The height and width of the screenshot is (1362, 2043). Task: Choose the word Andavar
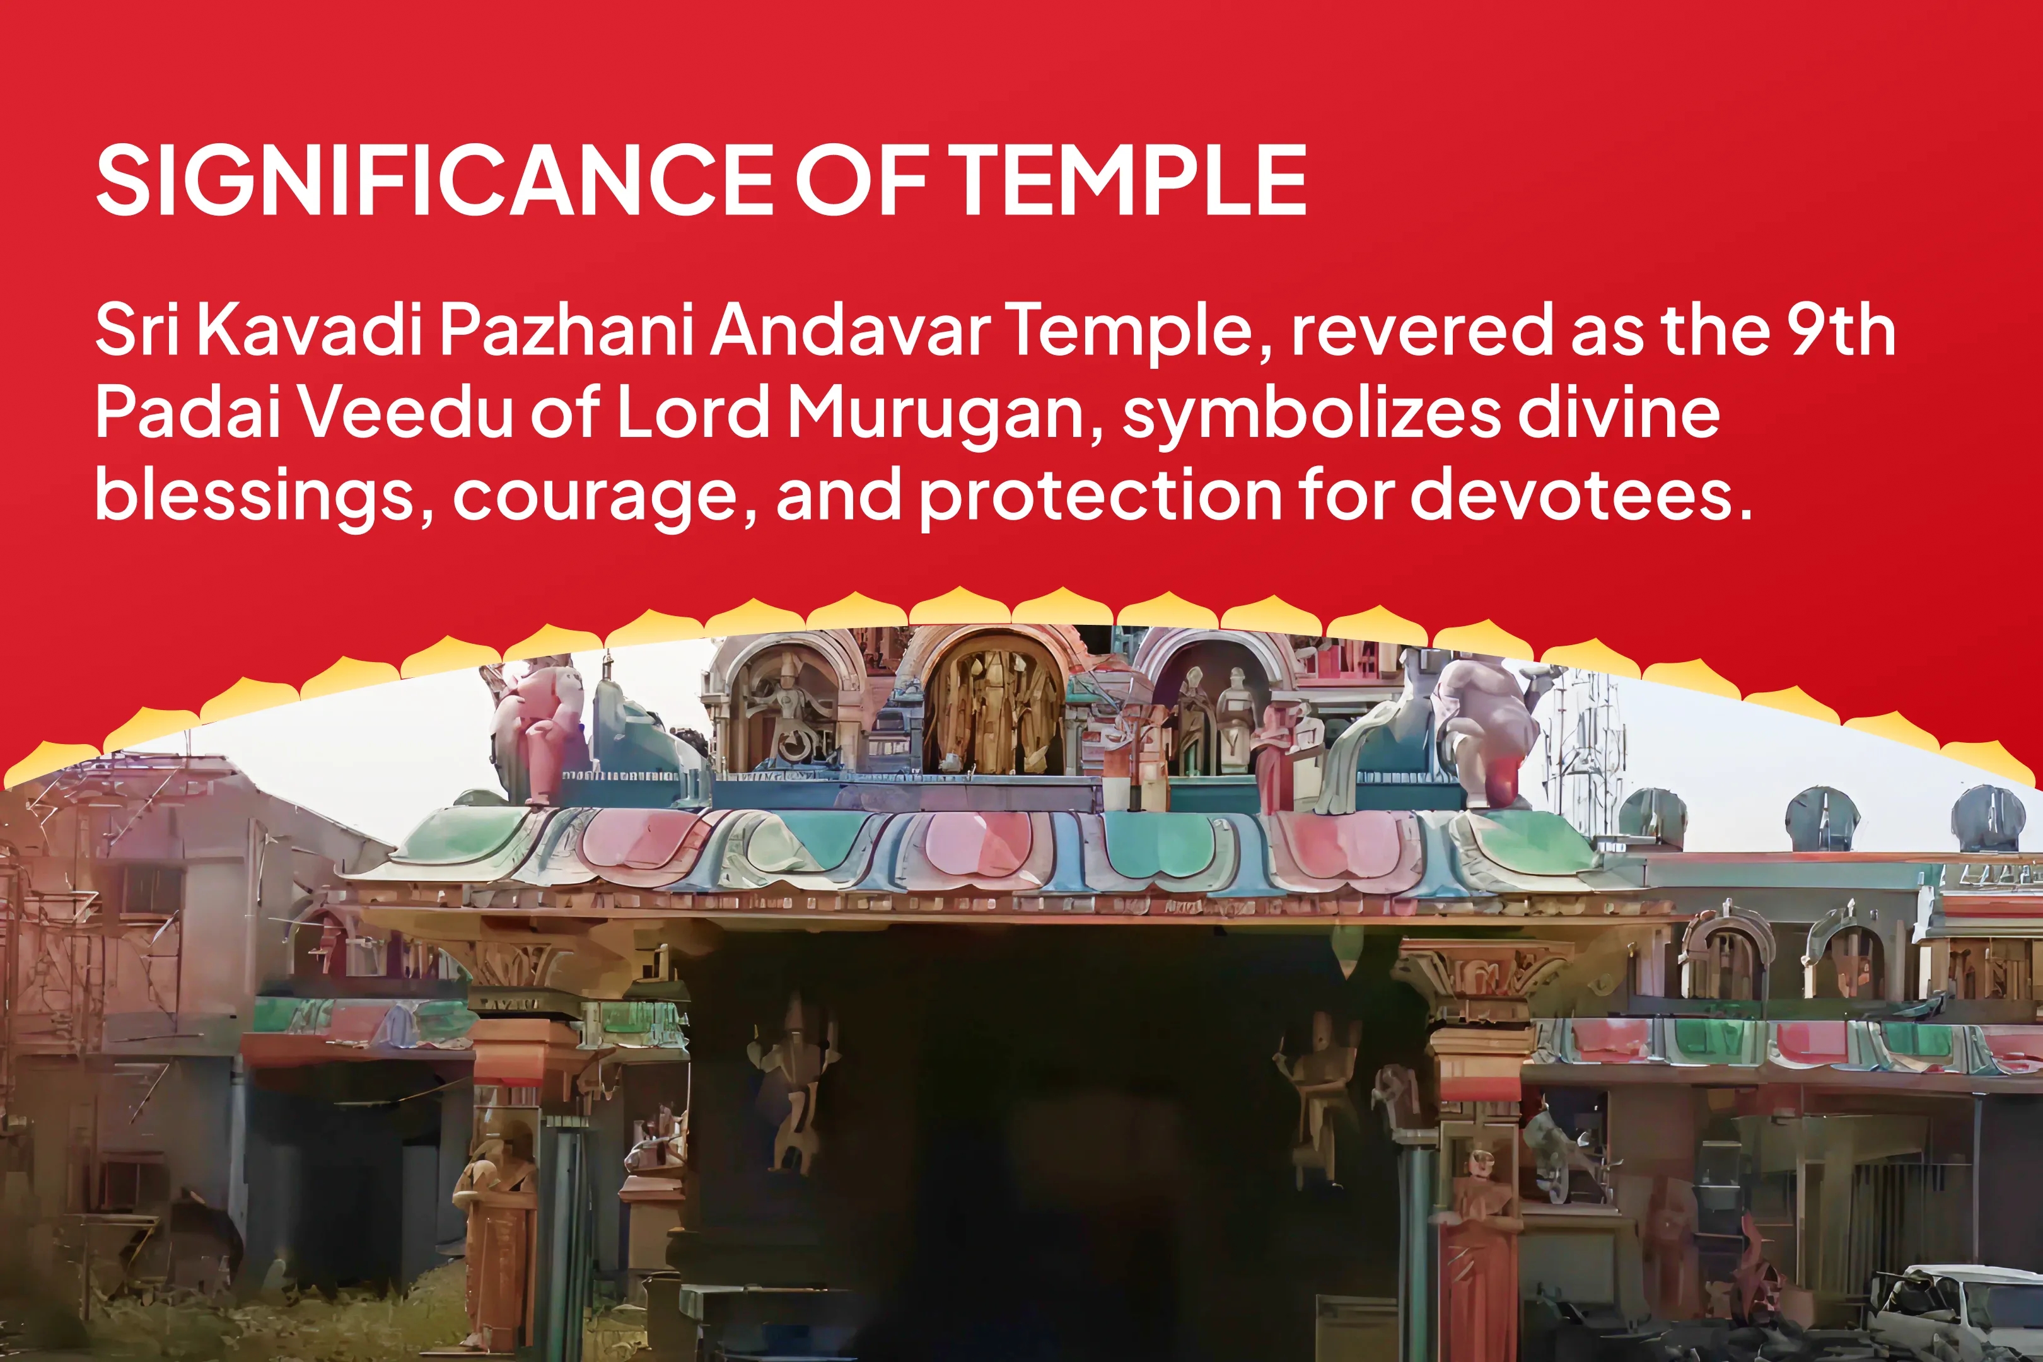(851, 330)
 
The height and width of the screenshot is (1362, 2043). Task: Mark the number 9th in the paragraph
(1841, 330)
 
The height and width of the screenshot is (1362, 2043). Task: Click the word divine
(1619, 412)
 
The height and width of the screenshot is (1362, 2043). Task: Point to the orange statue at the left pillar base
(497, 1233)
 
